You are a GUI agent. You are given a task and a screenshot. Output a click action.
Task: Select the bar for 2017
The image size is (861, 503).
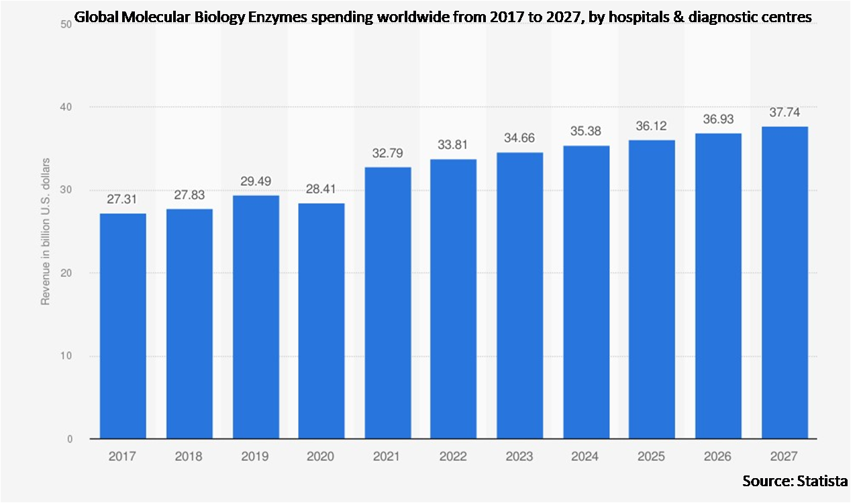122,326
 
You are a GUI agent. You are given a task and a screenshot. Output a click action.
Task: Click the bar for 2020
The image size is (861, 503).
321,321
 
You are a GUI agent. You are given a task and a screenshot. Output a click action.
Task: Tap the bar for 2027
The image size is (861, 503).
784,282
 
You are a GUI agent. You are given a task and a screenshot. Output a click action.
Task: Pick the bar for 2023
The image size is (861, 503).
520,295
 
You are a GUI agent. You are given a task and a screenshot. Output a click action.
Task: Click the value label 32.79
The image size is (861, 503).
388,154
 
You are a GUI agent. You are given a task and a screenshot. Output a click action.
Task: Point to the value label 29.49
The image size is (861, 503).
256,182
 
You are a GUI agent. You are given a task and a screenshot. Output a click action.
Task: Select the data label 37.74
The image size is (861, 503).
784,113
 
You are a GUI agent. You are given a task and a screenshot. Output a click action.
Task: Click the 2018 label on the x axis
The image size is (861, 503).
189,457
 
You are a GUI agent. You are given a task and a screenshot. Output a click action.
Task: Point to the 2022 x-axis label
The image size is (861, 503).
454,457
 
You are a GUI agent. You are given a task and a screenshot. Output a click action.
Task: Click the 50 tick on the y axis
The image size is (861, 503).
66,25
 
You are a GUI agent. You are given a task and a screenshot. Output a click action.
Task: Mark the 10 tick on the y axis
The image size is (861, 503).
66,356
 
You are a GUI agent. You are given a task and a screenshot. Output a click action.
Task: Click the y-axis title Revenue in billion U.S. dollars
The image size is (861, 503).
46,231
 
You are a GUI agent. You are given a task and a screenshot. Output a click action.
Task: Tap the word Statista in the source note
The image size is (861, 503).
823,481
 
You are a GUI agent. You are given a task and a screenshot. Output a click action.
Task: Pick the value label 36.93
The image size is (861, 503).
718,120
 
